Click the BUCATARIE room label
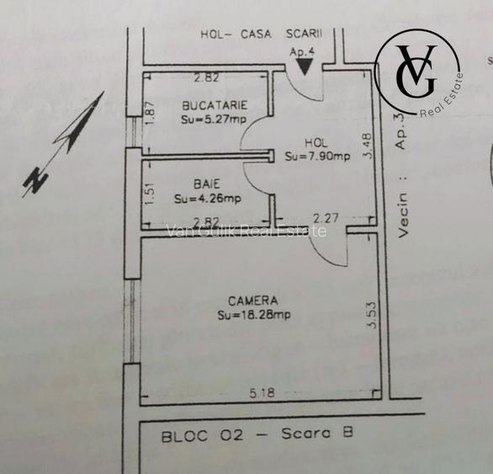[215, 105]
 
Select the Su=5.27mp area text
[214, 120]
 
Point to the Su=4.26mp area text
[208, 199]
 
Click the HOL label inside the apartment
[316, 143]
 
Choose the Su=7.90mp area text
[317, 156]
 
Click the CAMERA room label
[253, 301]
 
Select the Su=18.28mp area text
[254, 315]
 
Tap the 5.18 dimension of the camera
[262, 393]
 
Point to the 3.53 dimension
[372, 316]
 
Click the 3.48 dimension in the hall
[367, 145]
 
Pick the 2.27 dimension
[326, 218]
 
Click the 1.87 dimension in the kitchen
[151, 113]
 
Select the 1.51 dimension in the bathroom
[151, 194]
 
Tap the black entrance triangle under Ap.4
[305, 67]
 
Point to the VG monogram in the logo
[416, 71]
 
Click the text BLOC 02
[202, 436]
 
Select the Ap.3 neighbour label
[400, 130]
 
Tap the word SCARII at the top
[304, 34]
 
